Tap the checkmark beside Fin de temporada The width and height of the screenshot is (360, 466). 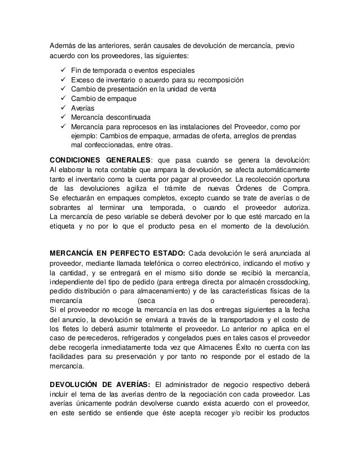(63, 71)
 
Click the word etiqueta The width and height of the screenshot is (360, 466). (64, 228)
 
